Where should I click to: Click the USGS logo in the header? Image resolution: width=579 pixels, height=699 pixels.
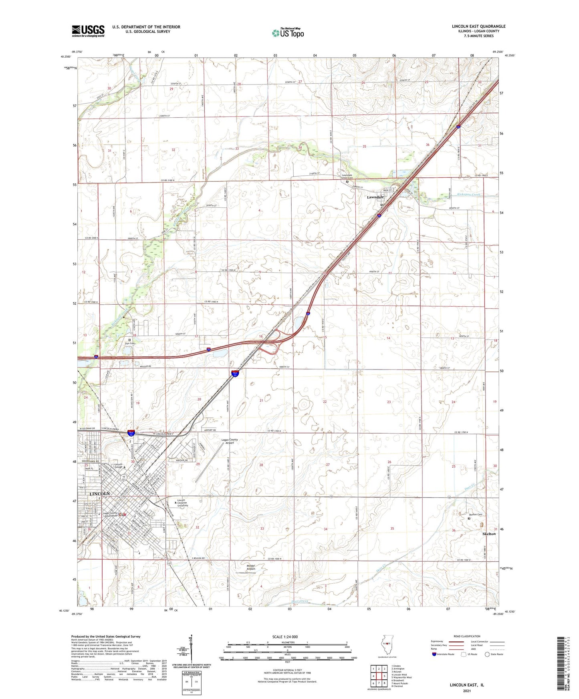(x=88, y=31)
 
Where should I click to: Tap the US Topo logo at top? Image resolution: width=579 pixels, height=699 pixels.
(x=288, y=33)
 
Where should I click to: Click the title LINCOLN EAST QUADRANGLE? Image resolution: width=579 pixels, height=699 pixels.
(x=478, y=26)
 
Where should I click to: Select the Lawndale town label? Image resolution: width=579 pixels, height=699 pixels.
(x=375, y=197)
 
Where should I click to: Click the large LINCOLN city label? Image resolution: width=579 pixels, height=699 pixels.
(x=100, y=494)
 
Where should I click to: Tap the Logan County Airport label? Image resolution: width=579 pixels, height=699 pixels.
(x=230, y=441)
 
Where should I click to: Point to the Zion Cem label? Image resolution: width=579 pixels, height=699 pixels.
(x=129, y=343)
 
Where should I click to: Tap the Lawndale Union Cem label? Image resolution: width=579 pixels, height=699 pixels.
(x=347, y=177)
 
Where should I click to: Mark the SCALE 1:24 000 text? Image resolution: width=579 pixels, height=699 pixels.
(x=285, y=637)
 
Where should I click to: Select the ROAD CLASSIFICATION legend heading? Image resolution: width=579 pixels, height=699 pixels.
(x=467, y=636)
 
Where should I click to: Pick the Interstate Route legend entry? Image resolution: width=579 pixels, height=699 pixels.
(x=445, y=654)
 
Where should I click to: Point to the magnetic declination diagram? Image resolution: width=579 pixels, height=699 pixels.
(x=191, y=651)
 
